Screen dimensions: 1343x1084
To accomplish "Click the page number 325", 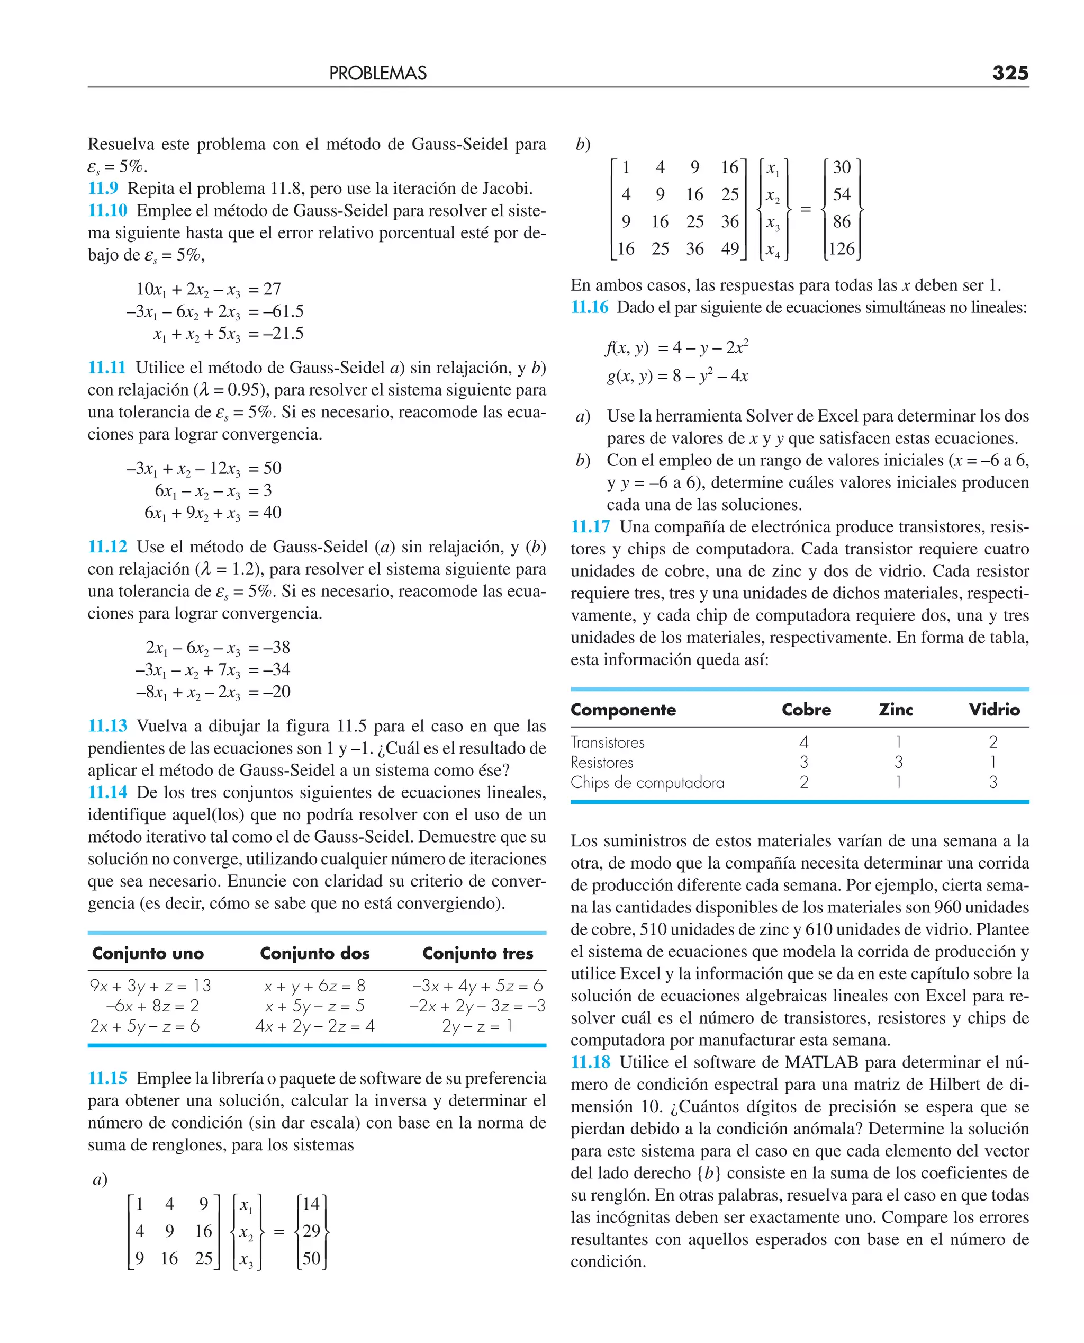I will click(1010, 73).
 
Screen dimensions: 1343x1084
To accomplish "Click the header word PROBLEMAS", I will click(378, 74).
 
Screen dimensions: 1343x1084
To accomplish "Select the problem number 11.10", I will click(107, 211).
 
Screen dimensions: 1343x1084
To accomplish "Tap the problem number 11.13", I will click(107, 726).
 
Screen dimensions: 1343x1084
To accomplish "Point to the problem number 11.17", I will click(590, 526).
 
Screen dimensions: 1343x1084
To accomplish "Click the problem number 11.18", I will click(590, 1062).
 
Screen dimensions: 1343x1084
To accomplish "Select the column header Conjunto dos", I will click(315, 953).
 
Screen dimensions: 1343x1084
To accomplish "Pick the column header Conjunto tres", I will click(477, 953).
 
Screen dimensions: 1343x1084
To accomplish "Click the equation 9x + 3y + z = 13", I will click(150, 986).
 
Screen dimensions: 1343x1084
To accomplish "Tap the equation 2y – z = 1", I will click(477, 1026).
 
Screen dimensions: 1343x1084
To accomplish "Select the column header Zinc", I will click(896, 710).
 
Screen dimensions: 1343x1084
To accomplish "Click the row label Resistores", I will click(602, 762).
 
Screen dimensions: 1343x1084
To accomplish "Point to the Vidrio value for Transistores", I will click(993, 742).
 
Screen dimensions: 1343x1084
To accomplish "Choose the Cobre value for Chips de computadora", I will click(803, 782).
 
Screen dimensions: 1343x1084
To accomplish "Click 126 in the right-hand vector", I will click(841, 248).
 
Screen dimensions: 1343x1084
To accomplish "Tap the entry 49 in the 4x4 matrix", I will click(729, 248).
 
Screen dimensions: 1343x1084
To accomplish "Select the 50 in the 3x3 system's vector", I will click(311, 1258).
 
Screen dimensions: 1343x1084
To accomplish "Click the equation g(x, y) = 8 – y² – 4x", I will click(677, 376).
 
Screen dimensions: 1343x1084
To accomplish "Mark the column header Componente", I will click(623, 710).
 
